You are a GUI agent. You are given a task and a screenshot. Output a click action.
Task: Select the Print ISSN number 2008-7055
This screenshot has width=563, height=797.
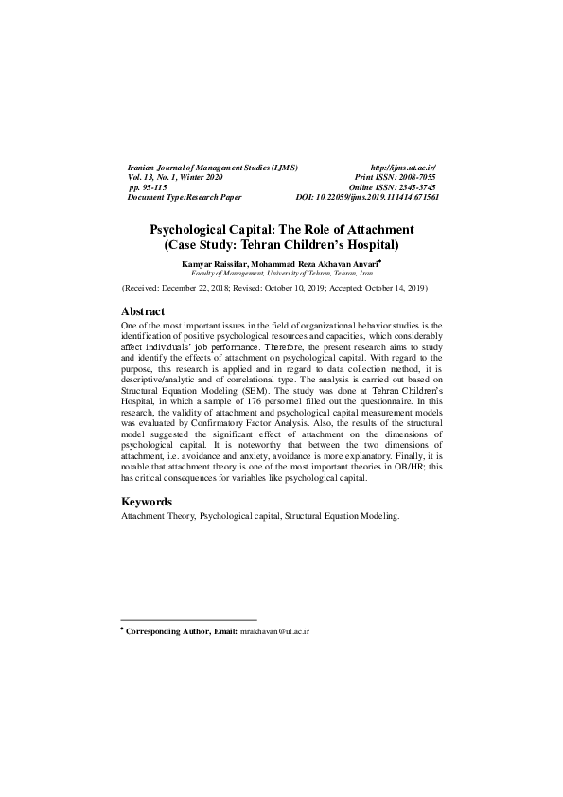tap(414, 177)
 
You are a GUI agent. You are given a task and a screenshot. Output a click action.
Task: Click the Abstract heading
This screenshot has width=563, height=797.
tap(143, 311)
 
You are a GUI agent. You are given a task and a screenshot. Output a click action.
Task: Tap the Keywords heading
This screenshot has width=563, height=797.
tap(147, 501)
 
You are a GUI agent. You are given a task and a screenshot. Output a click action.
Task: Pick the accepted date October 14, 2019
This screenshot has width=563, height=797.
tap(390, 286)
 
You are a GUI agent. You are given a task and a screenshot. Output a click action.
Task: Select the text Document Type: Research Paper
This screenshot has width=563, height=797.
tap(185, 198)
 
